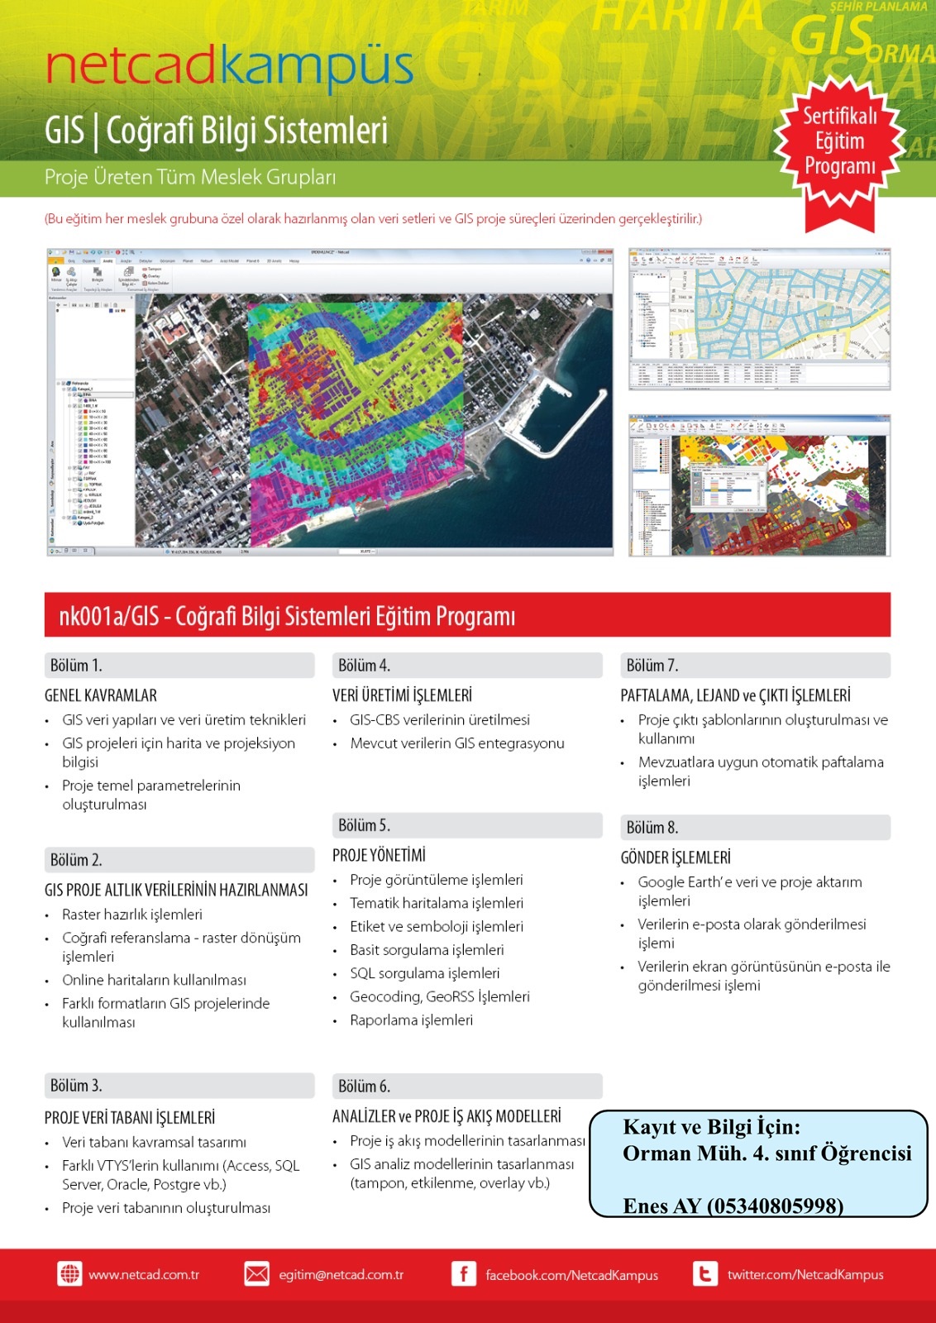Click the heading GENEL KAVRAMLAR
coord(101,695)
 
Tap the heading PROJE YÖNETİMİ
coord(379,855)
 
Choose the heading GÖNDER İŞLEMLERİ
coord(676,857)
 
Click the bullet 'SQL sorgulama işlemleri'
coord(424,973)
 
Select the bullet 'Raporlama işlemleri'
coord(411,1020)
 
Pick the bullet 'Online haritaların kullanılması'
coord(154,980)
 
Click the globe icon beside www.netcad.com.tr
coord(69,1274)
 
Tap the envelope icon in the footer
coord(256,1274)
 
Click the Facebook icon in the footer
coord(463,1274)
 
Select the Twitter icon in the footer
coord(704,1274)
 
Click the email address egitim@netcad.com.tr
coord(341,1275)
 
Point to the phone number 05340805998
coord(775,1206)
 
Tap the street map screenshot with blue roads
coord(759,318)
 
